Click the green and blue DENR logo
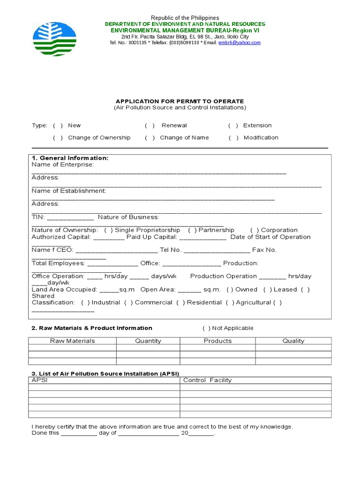[x=54, y=39]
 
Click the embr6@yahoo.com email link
[x=239, y=43]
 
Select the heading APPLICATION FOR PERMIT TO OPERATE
[x=180, y=101]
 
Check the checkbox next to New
[x=58, y=126]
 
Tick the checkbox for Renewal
[x=150, y=126]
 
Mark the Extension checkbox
[x=233, y=126]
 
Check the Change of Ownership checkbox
[x=58, y=138]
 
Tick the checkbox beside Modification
[x=233, y=138]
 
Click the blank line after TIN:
[x=70, y=218]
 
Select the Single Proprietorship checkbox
[x=108, y=230]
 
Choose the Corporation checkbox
[x=255, y=230]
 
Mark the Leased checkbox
[x=267, y=290]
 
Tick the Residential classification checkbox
[x=180, y=303]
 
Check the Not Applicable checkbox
[x=206, y=328]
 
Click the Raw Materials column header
[x=72, y=341]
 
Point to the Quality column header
[x=293, y=341]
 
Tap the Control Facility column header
[x=207, y=380]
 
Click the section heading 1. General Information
[x=70, y=158]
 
